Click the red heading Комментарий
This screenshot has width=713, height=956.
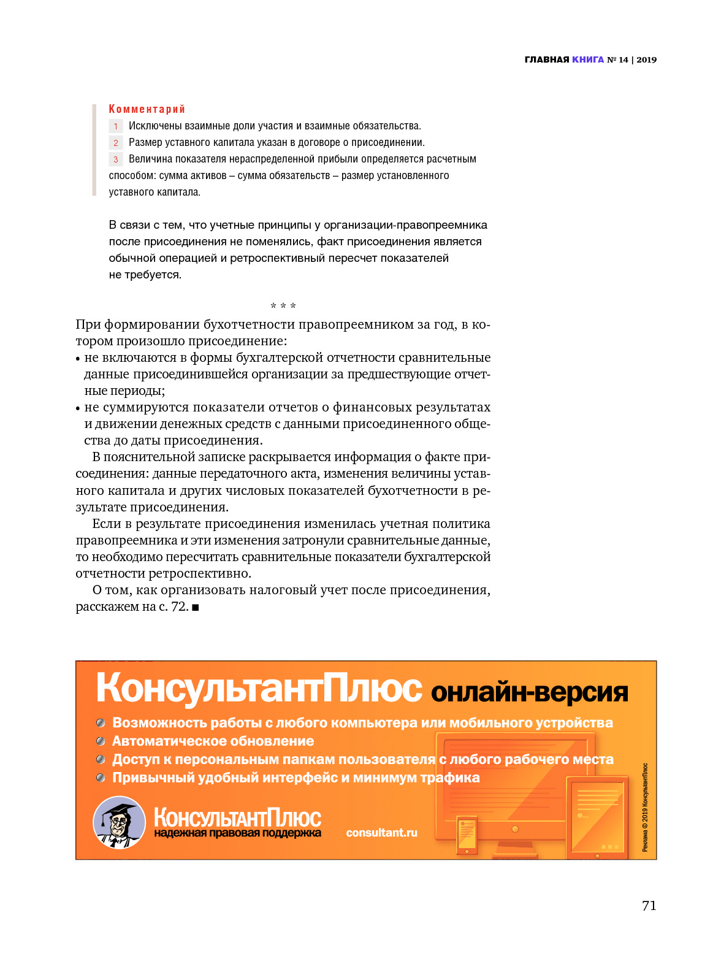(x=147, y=109)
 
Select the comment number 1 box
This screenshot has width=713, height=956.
(x=116, y=126)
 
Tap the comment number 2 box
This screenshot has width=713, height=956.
(x=116, y=143)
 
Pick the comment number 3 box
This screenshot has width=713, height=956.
(x=116, y=159)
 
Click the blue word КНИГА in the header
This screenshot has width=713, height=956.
(x=588, y=59)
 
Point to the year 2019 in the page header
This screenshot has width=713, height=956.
(x=646, y=59)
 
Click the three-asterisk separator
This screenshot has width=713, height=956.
(x=283, y=305)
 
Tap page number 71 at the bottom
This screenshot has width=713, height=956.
(x=649, y=906)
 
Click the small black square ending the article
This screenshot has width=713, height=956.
(x=196, y=607)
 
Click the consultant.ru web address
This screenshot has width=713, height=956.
(x=381, y=833)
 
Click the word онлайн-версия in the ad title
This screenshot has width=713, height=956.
(x=530, y=692)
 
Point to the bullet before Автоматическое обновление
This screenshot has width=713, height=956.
(x=101, y=741)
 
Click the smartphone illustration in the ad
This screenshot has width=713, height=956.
(x=467, y=834)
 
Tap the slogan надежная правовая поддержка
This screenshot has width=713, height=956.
(x=237, y=833)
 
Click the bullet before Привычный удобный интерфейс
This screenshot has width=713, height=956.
(x=101, y=778)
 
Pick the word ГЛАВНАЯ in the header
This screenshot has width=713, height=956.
(x=547, y=59)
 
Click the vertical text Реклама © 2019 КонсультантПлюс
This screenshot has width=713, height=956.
(x=645, y=807)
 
